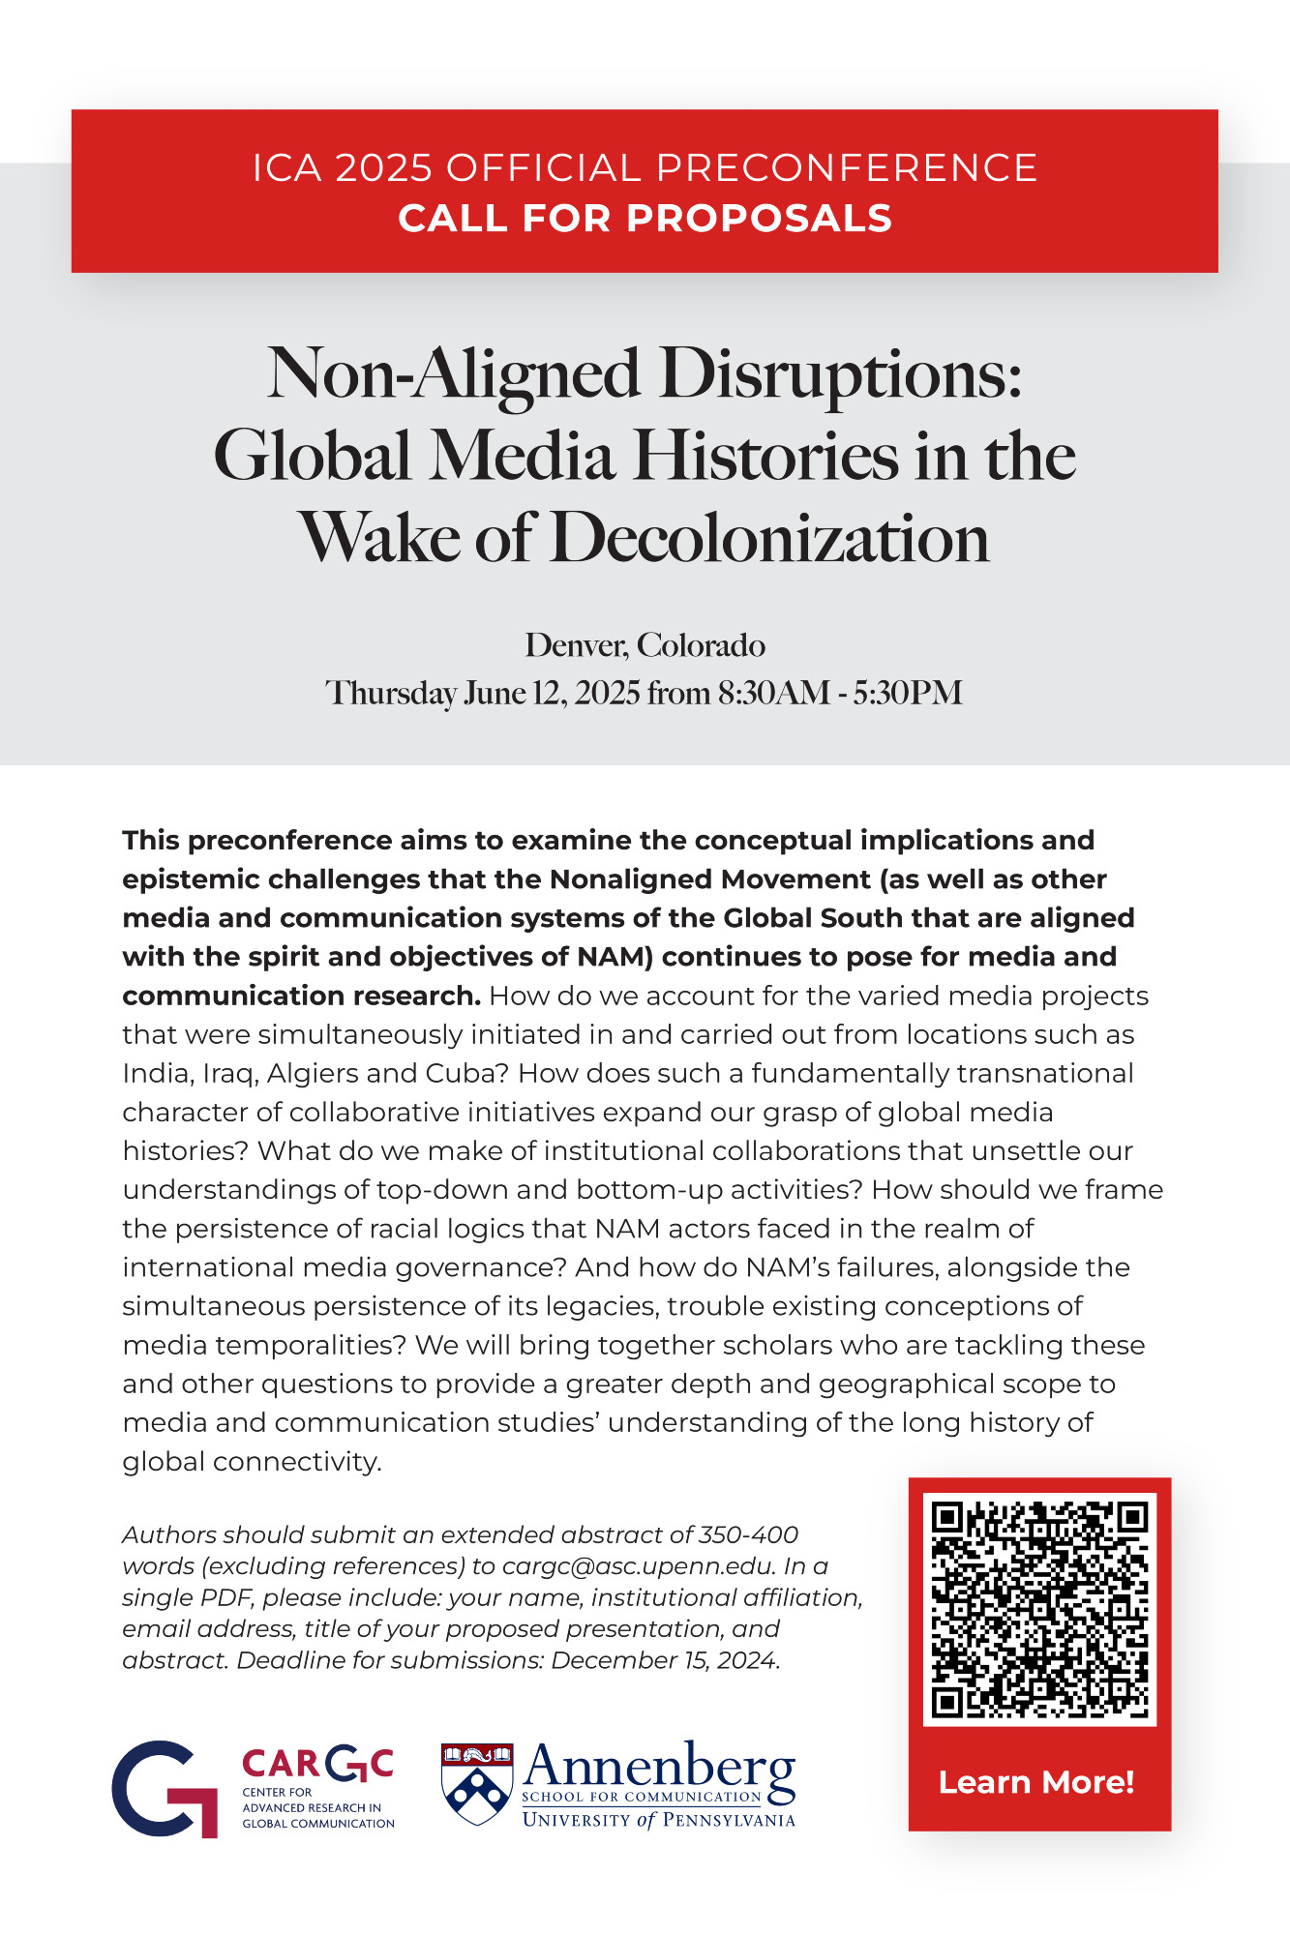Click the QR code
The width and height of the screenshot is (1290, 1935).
tap(1039, 1610)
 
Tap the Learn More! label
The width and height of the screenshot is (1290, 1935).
tap(1036, 1782)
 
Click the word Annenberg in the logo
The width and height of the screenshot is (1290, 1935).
tap(658, 1767)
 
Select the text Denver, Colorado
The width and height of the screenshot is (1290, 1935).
tap(645, 645)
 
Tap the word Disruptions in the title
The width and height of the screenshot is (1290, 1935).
tap(840, 374)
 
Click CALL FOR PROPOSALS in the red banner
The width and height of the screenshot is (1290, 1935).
tap(645, 219)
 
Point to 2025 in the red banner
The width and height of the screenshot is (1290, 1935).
tap(383, 168)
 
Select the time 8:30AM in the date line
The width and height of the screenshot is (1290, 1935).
tap(774, 693)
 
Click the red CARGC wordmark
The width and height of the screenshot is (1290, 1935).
tap(317, 1764)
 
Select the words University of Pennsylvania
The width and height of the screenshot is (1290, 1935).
tap(658, 1820)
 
